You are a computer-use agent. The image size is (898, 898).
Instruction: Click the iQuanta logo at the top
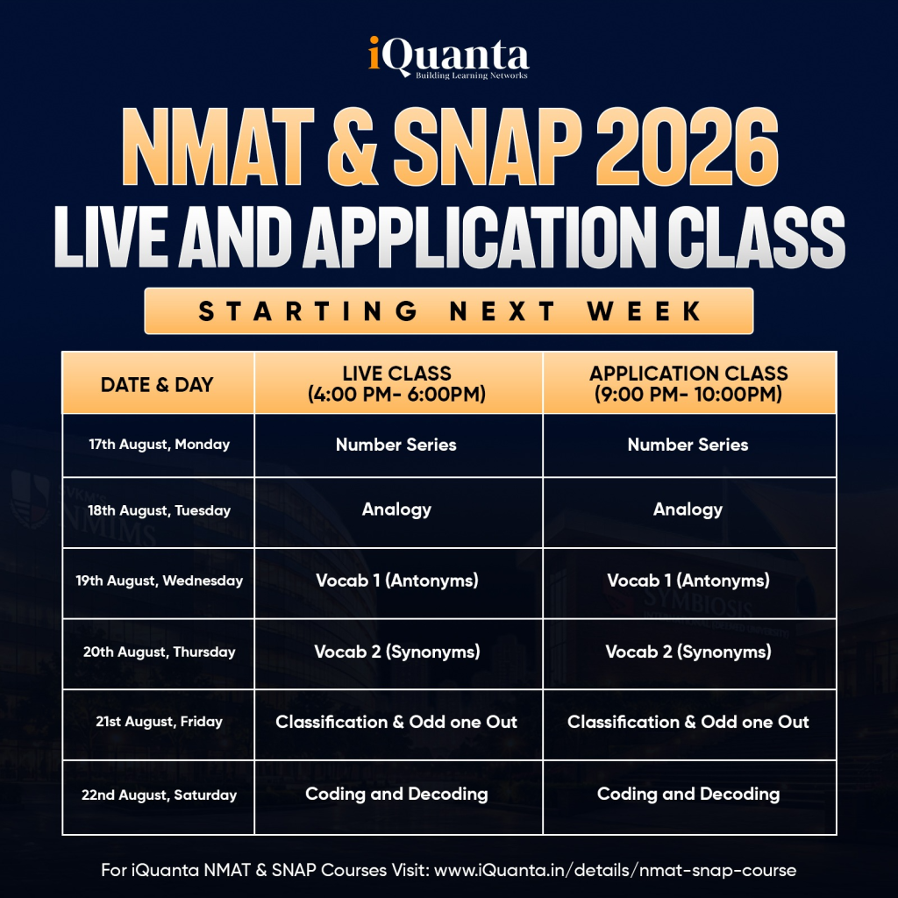(448, 57)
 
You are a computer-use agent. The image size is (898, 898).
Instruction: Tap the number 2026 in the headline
(687, 146)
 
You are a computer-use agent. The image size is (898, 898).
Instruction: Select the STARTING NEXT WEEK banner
(449, 311)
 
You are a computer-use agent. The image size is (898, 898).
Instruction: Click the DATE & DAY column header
(157, 384)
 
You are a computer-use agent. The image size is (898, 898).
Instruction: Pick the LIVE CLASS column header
(397, 384)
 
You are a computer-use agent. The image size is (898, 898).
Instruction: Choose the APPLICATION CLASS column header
(688, 384)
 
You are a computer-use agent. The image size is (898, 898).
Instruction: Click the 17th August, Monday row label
(160, 445)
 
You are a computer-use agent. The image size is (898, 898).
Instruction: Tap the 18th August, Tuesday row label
(160, 510)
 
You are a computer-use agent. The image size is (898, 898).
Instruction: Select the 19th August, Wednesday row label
(160, 581)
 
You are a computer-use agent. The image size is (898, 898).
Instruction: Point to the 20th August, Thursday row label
(160, 652)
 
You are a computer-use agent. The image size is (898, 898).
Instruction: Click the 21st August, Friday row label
(160, 722)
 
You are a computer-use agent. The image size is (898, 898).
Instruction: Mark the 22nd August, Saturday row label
(160, 795)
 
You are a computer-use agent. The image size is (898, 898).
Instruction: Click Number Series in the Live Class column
(396, 445)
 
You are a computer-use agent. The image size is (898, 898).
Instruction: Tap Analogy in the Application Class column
(688, 510)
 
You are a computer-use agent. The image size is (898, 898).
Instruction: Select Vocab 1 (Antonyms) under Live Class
(397, 581)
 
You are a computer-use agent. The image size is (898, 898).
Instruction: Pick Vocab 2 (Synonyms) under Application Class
(688, 652)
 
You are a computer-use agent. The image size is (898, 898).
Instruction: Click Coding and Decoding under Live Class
(397, 794)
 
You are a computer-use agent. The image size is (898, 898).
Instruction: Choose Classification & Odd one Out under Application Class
(688, 722)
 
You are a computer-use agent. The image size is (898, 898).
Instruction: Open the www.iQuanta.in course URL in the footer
(615, 870)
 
